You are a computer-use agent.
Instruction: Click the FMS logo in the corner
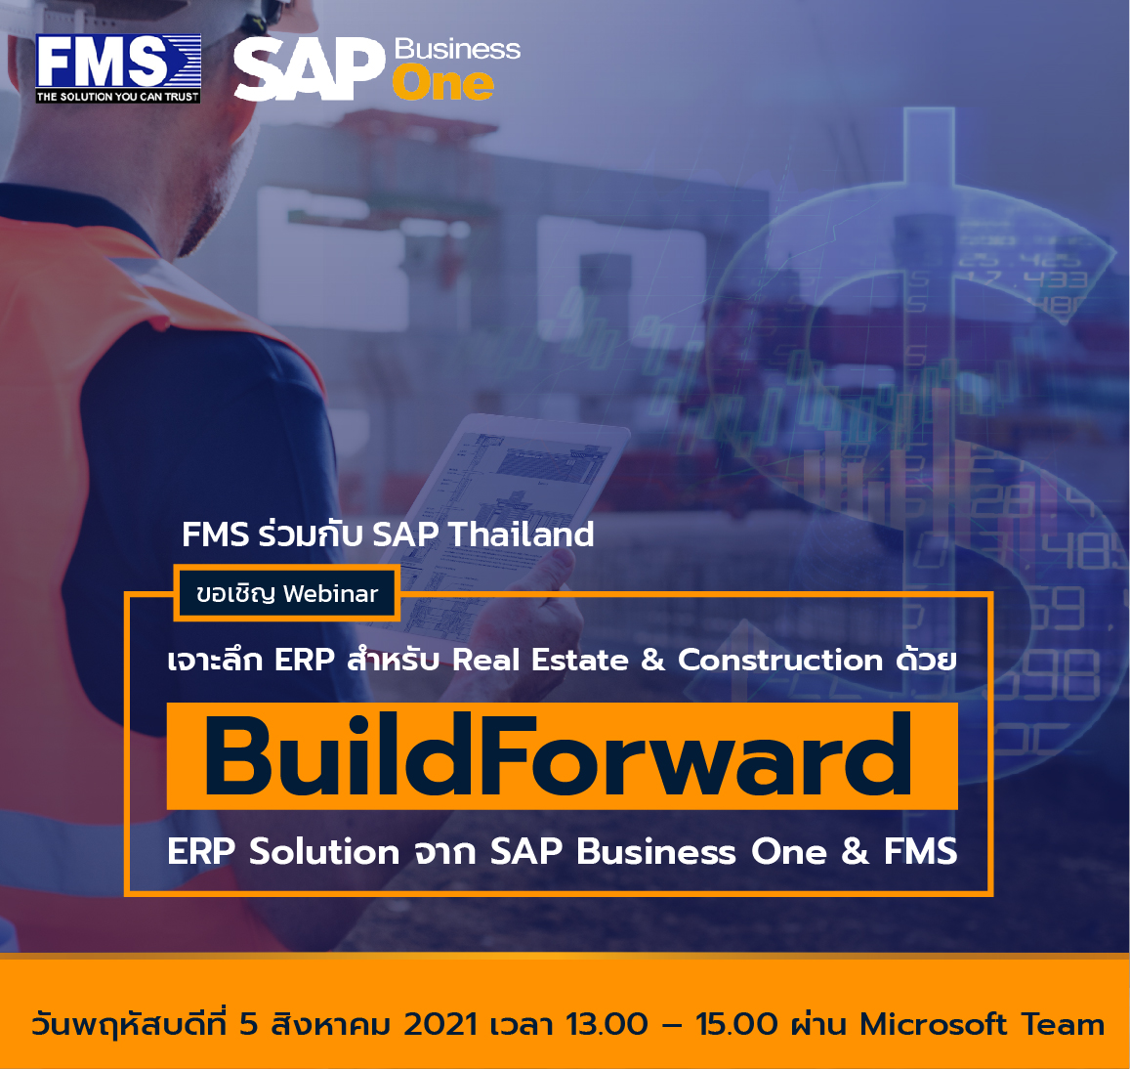(118, 68)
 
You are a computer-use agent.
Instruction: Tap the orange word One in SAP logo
(443, 84)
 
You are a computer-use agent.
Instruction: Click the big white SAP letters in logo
(310, 69)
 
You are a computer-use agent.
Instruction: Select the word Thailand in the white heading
(521, 534)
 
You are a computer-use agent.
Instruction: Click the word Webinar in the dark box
(331, 593)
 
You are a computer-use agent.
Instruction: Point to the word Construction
(780, 660)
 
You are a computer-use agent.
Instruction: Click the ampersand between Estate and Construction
(653, 660)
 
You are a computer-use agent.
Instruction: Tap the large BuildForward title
(559, 755)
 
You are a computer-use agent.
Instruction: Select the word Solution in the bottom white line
(324, 851)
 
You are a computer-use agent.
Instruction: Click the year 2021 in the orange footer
(440, 1024)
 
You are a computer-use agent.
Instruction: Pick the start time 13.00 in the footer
(607, 1024)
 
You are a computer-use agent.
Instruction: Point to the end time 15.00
(736, 1024)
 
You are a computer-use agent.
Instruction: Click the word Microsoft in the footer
(934, 1024)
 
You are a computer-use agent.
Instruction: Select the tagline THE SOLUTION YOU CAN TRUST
(118, 97)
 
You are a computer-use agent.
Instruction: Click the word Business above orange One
(458, 49)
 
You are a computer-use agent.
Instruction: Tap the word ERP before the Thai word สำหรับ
(304, 660)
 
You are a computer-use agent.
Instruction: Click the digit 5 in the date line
(249, 1024)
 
